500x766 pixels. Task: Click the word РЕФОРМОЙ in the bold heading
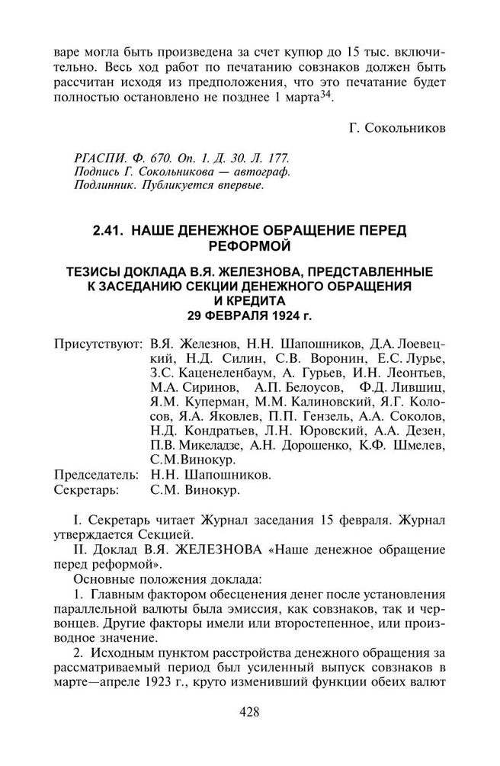coord(249,245)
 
